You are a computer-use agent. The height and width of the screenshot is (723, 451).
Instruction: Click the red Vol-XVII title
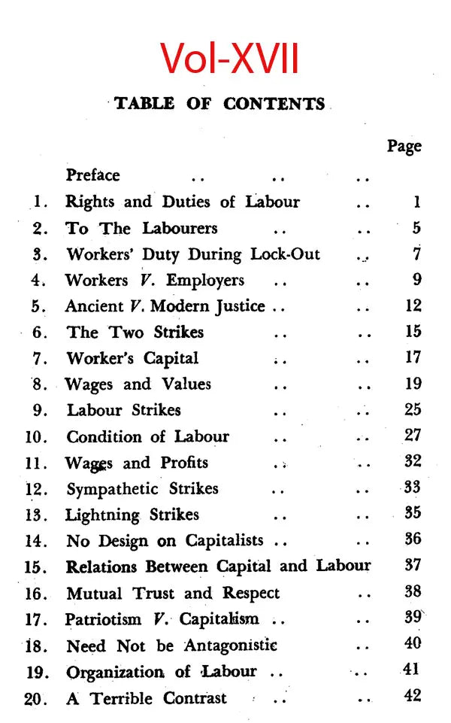[229, 58]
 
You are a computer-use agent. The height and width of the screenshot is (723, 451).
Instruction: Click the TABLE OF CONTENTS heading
[220, 104]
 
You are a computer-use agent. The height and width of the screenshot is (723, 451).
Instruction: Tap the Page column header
[404, 146]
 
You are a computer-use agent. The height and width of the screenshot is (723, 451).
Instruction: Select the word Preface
[92, 175]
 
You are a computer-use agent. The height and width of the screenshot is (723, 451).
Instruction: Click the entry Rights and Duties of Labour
[183, 202]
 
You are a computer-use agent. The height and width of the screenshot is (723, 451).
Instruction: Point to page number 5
[416, 228]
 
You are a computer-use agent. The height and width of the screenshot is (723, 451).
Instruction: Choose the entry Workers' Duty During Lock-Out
[192, 254]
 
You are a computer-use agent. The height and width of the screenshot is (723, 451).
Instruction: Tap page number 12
[413, 306]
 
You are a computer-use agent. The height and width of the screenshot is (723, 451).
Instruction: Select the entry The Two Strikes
[135, 332]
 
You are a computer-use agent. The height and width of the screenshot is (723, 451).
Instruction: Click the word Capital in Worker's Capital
[170, 359]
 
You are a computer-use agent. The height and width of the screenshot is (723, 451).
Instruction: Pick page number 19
[413, 384]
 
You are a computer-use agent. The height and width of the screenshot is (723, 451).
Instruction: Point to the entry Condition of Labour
[147, 437]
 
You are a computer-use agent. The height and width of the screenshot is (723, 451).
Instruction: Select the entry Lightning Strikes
[132, 515]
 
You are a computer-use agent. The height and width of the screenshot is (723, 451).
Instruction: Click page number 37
[413, 565]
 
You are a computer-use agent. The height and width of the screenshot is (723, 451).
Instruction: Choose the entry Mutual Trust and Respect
[173, 593]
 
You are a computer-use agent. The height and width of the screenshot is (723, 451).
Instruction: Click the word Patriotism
[103, 619]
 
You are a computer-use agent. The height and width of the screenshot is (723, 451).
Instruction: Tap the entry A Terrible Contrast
[146, 697]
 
